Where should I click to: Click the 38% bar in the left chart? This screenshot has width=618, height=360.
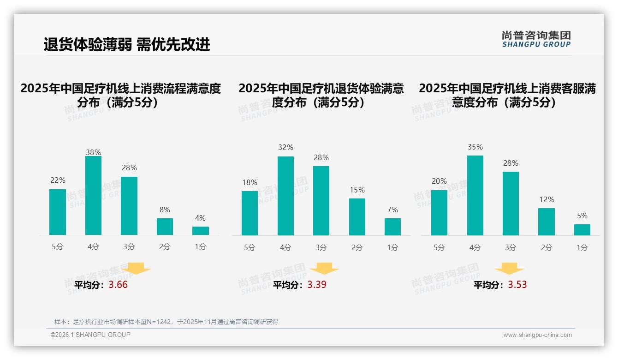click(x=93, y=196)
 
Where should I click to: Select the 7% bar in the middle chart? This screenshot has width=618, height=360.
click(x=392, y=227)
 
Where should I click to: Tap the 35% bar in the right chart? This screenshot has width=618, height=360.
click(x=475, y=195)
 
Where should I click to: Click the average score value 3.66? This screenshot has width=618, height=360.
click(x=118, y=285)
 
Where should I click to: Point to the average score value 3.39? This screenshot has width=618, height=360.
click(x=317, y=285)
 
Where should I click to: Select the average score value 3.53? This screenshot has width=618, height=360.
click(x=517, y=285)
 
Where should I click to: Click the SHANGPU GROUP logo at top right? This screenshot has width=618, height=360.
click(x=536, y=39)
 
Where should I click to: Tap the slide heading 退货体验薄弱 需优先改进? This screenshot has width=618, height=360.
click(x=127, y=44)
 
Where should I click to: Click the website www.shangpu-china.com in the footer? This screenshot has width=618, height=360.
click(x=537, y=335)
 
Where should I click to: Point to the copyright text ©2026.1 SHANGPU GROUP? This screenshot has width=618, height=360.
click(x=90, y=335)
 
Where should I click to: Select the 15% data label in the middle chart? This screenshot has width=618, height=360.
click(x=357, y=190)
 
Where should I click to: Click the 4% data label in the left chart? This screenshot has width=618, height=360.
click(x=200, y=218)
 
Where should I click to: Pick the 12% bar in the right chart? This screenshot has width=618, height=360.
click(x=547, y=222)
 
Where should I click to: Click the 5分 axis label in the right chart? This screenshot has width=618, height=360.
click(x=439, y=247)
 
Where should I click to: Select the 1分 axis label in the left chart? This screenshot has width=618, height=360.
click(x=200, y=247)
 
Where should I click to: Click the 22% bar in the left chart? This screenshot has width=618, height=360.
click(x=58, y=212)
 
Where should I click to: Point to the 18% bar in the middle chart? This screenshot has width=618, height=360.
click(x=250, y=213)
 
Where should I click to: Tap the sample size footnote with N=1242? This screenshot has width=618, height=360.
click(x=166, y=322)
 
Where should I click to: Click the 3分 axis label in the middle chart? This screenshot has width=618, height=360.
click(x=321, y=247)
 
